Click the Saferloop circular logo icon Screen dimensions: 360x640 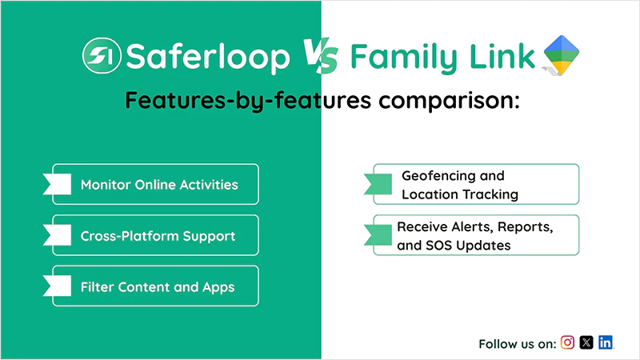click(x=102, y=57)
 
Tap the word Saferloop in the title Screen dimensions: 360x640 click(x=208, y=58)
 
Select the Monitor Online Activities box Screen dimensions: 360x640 click(x=156, y=185)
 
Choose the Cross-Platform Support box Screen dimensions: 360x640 click(x=156, y=236)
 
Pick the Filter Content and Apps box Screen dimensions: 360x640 click(x=156, y=286)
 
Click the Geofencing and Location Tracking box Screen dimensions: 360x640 click(x=476, y=185)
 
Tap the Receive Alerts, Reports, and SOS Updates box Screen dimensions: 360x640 click(x=476, y=235)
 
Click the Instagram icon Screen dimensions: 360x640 click(x=567, y=342)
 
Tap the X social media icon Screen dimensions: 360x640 click(x=586, y=342)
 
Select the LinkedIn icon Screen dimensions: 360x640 click(x=606, y=342)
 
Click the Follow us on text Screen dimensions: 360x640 click(x=517, y=344)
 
